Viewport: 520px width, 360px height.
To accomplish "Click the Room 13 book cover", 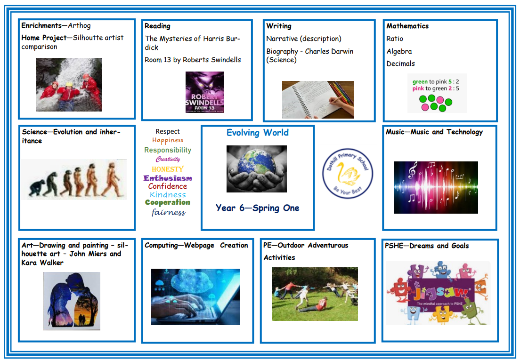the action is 204,92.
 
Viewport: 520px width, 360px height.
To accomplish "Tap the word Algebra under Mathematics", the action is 399,51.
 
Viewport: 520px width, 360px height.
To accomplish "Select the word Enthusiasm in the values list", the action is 168,178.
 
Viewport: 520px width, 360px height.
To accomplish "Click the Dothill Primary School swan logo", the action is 348,173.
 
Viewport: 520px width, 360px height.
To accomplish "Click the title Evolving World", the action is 257,133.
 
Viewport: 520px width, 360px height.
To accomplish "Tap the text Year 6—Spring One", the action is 257,208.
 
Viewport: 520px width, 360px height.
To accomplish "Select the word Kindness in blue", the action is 168,195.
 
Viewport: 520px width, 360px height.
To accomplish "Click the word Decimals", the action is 401,64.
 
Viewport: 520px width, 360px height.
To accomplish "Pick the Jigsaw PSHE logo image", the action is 438,293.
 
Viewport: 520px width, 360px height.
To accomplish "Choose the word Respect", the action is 168,131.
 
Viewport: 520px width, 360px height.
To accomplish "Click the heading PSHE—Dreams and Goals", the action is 427,246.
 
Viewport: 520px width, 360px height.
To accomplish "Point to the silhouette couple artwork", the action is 72,301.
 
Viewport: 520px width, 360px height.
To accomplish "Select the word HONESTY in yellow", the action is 168,169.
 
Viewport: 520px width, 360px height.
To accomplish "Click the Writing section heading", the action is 279,26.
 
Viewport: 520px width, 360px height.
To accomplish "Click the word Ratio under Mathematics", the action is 395,39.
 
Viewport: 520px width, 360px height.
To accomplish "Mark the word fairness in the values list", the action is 169,212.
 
